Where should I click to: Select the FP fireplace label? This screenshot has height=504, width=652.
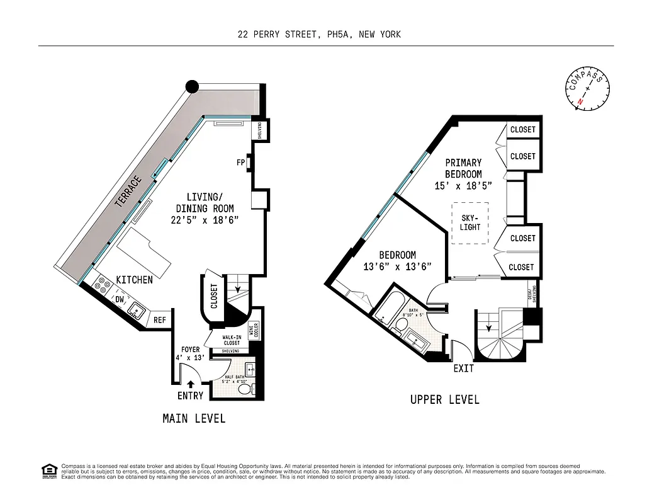(x=240, y=163)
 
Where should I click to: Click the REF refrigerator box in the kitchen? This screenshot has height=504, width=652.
(x=160, y=320)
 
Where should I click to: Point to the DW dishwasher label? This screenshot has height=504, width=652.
(x=120, y=301)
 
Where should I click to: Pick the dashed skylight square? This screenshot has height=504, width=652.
(x=469, y=223)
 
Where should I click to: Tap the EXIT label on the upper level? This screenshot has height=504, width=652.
(x=463, y=368)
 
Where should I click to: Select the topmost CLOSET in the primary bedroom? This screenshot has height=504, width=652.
(x=522, y=129)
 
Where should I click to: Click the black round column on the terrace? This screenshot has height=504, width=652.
(x=192, y=87)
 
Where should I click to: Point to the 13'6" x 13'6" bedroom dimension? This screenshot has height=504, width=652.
(x=397, y=266)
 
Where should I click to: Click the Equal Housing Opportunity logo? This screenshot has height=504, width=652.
(x=48, y=471)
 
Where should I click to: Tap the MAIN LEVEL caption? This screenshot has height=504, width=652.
(x=194, y=418)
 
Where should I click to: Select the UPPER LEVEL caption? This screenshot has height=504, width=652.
(x=444, y=399)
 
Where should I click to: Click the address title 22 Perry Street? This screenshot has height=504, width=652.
(x=319, y=35)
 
